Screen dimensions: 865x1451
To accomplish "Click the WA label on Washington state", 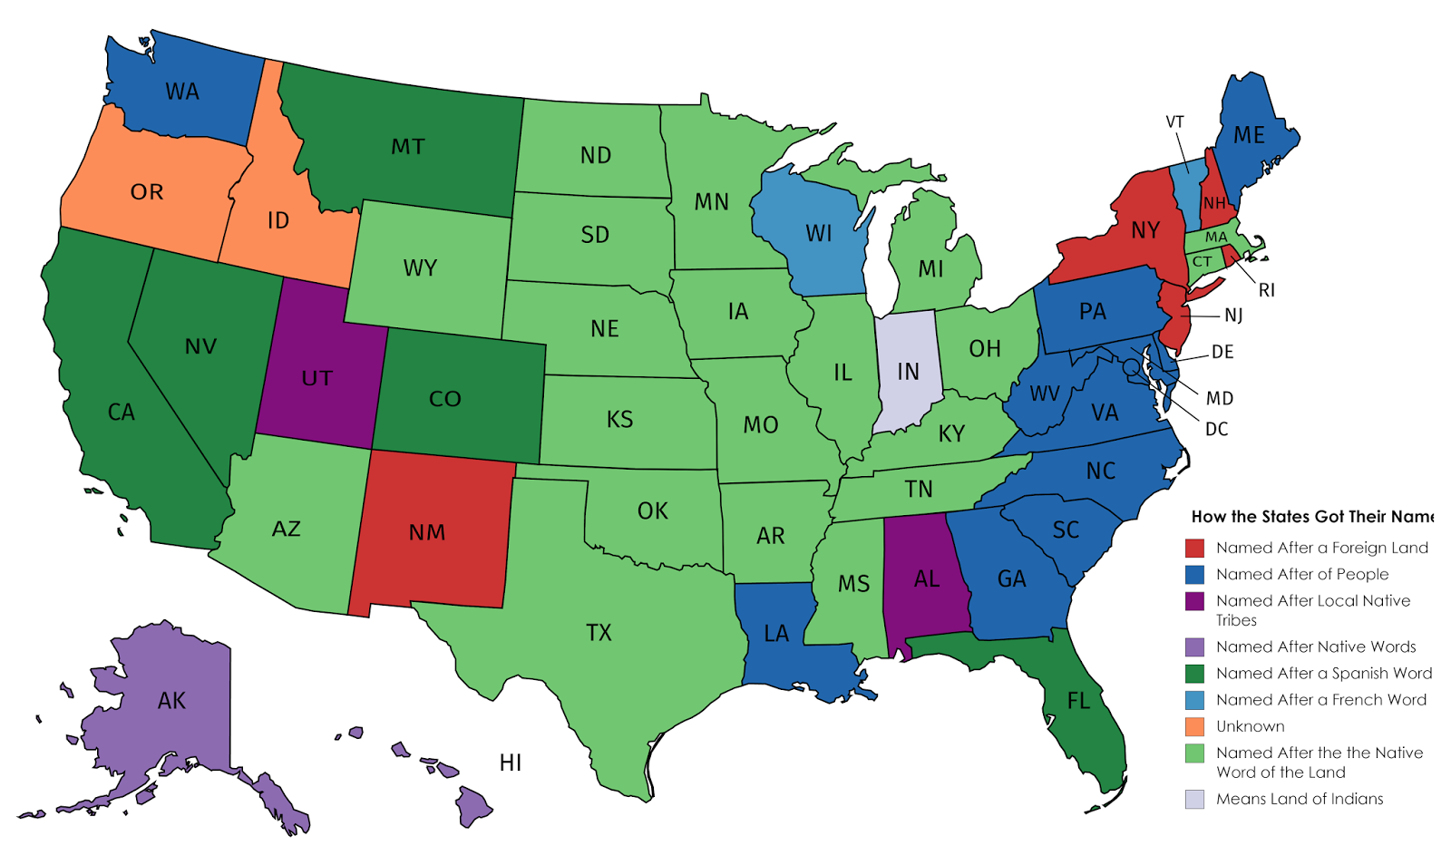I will click(x=181, y=92).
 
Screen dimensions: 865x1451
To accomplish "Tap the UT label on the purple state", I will click(x=316, y=378).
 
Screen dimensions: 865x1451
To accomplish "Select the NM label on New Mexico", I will click(x=426, y=532).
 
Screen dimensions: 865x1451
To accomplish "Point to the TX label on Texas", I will click(x=599, y=632).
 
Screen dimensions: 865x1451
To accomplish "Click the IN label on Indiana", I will click(x=908, y=372).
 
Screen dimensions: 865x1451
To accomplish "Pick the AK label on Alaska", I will click(x=171, y=700).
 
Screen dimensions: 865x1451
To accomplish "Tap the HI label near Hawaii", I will click(x=511, y=763).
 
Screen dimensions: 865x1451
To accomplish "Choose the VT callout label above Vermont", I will click(x=1174, y=121).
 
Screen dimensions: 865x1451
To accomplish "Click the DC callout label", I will click(x=1216, y=429).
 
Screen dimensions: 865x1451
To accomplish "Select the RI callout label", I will click(x=1266, y=290).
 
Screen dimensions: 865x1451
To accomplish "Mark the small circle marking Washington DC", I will click(x=1131, y=367).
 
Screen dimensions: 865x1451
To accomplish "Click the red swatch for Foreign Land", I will click(x=1194, y=548).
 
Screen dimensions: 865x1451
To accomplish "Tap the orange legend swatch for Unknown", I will click(x=1194, y=726).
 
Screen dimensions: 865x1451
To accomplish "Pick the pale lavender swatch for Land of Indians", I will click(x=1194, y=799).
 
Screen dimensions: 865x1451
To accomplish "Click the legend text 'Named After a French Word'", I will click(x=1321, y=700).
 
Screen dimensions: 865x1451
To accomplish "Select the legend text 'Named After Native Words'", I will click(x=1316, y=646).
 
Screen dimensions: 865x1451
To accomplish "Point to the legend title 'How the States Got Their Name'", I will click(x=1311, y=517).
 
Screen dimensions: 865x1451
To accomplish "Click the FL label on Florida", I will click(x=1078, y=701).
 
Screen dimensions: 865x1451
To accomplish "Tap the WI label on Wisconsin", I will click(x=818, y=234).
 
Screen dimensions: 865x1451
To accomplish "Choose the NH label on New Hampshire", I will click(x=1214, y=203).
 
